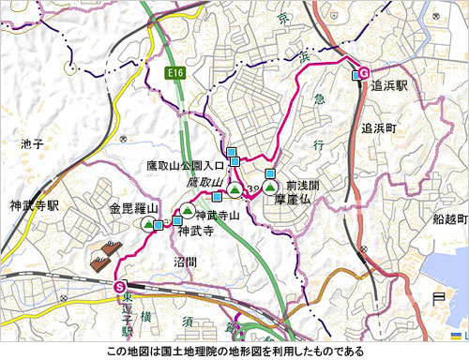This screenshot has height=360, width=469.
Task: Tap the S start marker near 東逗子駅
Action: click(119, 286)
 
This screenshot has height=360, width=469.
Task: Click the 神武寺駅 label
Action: click(35, 204)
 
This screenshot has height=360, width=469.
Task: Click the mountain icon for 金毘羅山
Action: click(148, 224)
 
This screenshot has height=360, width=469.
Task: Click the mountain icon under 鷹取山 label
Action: click(234, 190)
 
